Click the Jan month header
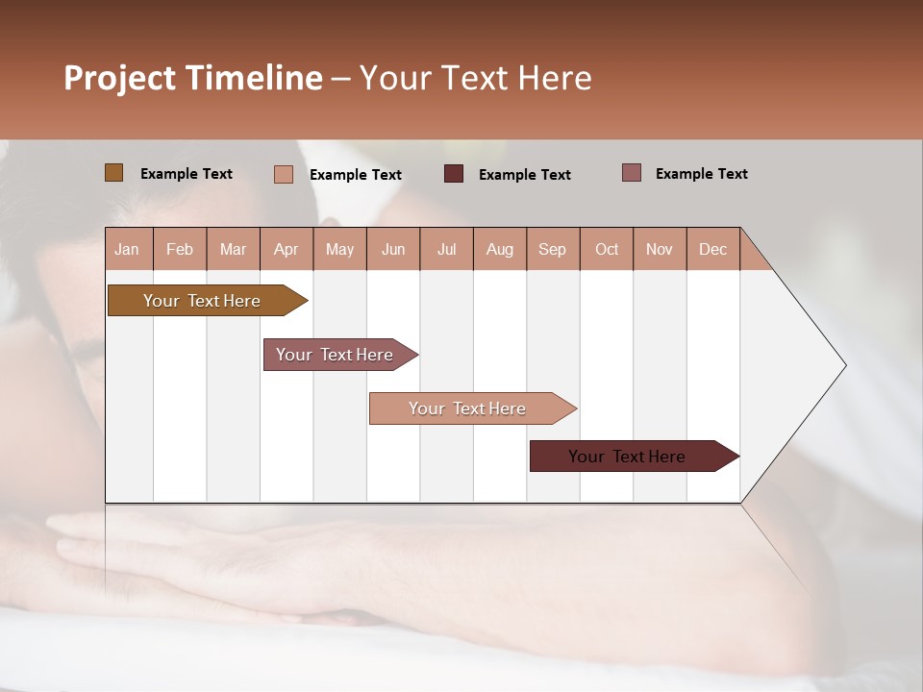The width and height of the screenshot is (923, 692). (127, 249)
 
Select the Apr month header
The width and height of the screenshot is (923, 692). (286, 249)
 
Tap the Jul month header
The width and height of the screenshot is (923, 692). (446, 249)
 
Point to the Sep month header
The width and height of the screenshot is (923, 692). (552, 249)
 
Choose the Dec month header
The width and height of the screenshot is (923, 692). (712, 249)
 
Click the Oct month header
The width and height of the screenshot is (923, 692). (607, 249)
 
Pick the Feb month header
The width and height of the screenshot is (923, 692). (180, 249)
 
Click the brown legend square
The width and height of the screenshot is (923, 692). (113, 173)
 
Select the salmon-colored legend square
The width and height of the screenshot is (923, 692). (283, 174)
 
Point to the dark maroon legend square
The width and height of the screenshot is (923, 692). (454, 174)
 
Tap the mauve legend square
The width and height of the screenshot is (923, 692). (631, 173)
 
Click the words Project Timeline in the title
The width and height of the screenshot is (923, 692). (192, 78)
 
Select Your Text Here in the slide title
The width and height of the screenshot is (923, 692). (475, 78)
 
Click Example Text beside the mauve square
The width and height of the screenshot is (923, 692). (701, 174)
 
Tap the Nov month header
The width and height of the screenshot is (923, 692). (660, 249)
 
